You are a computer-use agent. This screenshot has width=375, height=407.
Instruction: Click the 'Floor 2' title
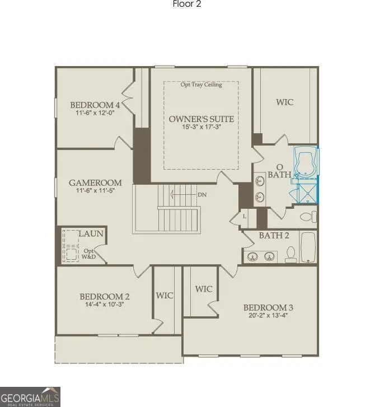(x=187, y=4)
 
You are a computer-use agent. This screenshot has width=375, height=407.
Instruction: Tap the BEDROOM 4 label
(x=95, y=105)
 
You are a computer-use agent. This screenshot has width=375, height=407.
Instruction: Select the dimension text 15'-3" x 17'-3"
(x=201, y=128)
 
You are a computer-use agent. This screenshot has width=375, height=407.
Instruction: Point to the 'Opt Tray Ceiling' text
(x=201, y=85)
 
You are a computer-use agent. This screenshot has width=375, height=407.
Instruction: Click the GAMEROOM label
(x=95, y=183)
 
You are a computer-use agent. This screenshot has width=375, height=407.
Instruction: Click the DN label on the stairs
(x=203, y=195)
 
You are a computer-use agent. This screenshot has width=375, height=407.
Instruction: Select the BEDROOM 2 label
(x=105, y=297)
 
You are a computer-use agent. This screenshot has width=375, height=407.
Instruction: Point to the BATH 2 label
(x=274, y=235)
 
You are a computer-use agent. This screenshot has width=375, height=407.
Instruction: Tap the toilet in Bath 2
(x=290, y=255)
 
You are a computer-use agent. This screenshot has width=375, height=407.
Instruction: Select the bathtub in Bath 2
(x=308, y=248)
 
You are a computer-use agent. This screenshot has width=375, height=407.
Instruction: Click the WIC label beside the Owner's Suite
(x=284, y=102)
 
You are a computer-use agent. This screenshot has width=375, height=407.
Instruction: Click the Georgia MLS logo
(x=30, y=396)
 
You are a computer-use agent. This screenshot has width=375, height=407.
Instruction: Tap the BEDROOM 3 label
(x=268, y=307)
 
